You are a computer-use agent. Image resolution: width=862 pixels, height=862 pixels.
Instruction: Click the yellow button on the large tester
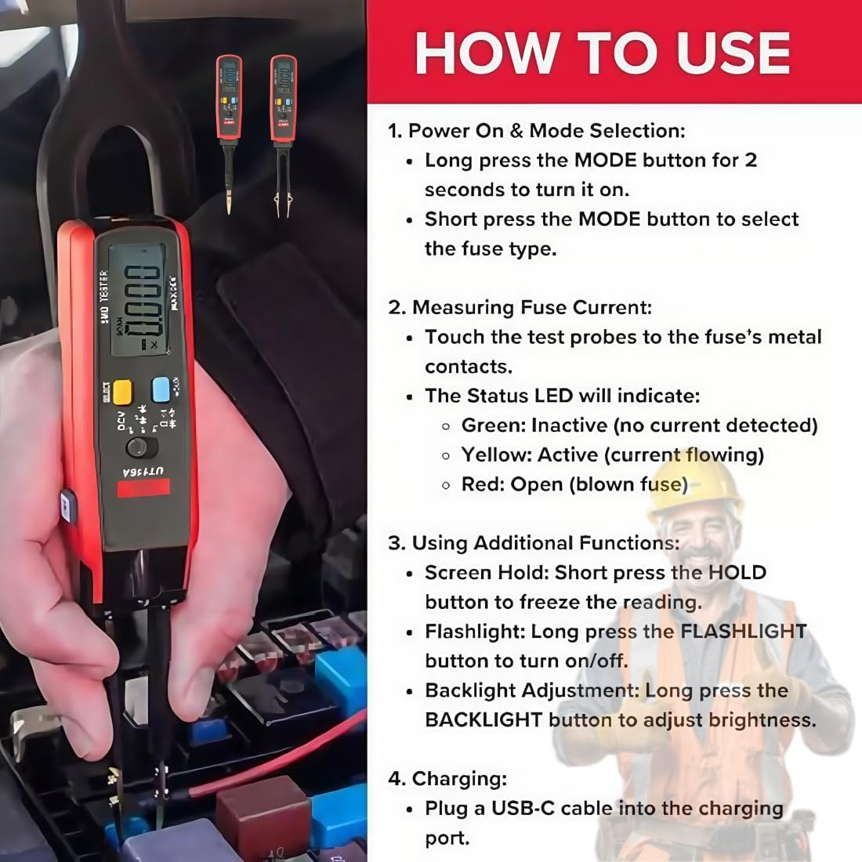point(122,392)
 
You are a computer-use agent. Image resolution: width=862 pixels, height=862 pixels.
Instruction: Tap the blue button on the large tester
point(162,389)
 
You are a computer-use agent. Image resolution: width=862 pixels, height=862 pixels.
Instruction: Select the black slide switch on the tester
point(141,447)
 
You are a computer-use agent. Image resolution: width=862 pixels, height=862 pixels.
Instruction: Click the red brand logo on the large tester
point(143,488)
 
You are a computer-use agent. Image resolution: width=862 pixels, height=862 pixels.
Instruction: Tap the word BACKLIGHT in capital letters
point(484,720)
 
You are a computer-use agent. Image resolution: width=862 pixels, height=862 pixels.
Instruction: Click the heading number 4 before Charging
point(394,779)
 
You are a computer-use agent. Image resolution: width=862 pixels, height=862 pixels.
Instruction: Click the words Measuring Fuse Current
point(531,307)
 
